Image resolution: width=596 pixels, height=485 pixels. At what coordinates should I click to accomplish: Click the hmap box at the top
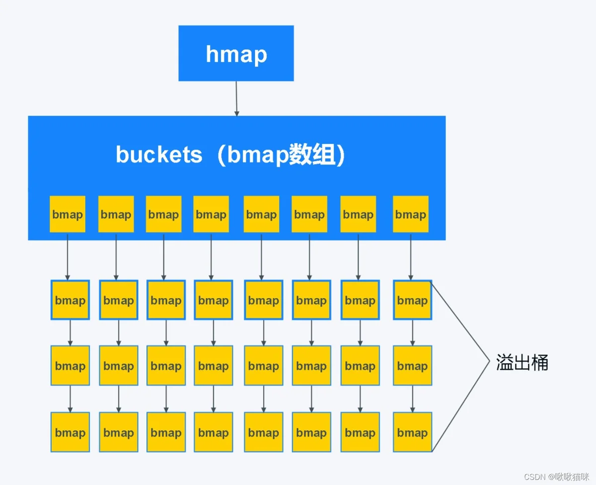pyautogui.click(x=236, y=53)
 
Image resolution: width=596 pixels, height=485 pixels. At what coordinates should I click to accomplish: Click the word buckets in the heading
pyautogui.click(x=159, y=155)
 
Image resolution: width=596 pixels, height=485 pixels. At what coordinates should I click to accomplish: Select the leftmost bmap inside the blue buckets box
pyautogui.click(x=68, y=214)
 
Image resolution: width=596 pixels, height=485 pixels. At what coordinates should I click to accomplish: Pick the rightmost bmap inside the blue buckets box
pyautogui.click(x=411, y=214)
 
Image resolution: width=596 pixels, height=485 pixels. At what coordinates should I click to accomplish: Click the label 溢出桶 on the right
pyautogui.click(x=522, y=363)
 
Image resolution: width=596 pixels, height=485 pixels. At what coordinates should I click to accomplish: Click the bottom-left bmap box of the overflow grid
pyautogui.click(x=70, y=432)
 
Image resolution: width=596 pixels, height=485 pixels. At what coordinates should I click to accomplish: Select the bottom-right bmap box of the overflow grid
pyautogui.click(x=412, y=432)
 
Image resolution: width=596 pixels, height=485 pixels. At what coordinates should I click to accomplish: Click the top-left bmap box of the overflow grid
pyautogui.click(x=70, y=300)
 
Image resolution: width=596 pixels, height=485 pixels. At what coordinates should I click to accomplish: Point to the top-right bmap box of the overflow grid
pyautogui.click(x=412, y=300)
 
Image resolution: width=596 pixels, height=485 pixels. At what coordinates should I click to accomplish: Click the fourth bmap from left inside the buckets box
pyautogui.click(x=211, y=214)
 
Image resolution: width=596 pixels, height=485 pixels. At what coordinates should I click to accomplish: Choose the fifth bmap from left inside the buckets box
pyautogui.click(x=261, y=214)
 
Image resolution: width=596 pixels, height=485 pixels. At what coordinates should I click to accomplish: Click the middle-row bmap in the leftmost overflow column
pyautogui.click(x=70, y=366)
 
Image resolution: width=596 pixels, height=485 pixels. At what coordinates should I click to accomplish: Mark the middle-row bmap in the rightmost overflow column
pyautogui.click(x=412, y=366)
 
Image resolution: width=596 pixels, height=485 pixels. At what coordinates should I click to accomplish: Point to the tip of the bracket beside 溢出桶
pyautogui.click(x=489, y=363)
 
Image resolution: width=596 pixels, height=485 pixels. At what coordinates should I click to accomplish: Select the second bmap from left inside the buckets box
pyautogui.click(x=116, y=214)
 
